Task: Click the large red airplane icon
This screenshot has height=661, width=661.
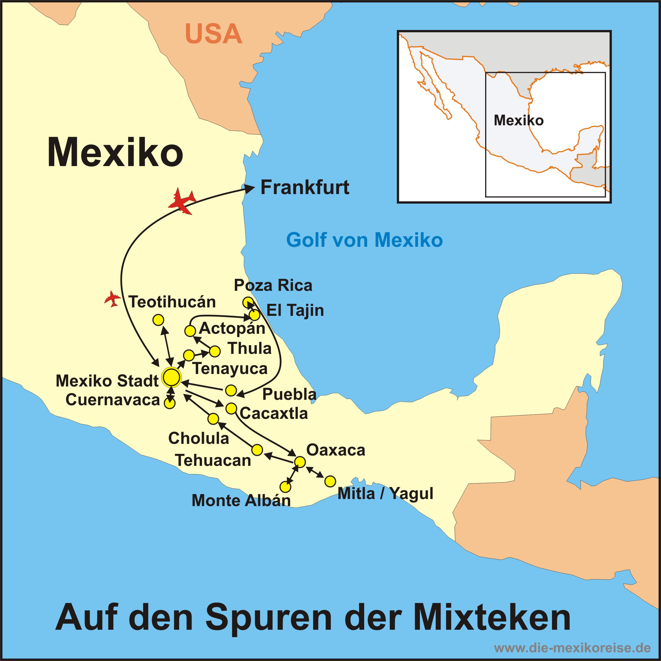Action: tap(182, 202)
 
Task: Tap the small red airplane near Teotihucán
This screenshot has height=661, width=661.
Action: tap(113, 299)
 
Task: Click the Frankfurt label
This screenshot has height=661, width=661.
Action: tap(304, 188)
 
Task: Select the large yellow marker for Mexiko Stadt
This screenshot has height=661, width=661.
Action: tap(172, 377)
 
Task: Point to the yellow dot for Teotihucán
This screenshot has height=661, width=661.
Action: tap(158, 320)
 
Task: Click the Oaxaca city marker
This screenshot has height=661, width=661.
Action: tap(300, 462)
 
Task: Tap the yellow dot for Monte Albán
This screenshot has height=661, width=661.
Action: tap(285, 487)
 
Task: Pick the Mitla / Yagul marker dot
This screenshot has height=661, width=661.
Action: tap(330, 481)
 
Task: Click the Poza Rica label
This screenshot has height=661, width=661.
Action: tap(273, 285)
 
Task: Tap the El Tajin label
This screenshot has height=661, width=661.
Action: tap(295, 310)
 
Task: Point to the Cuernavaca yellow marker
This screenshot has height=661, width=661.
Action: tap(169, 403)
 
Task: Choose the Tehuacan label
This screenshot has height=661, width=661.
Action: tap(213, 460)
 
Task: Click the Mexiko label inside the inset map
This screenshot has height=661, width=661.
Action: tap(518, 120)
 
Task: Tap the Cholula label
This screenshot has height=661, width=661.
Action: tap(198, 438)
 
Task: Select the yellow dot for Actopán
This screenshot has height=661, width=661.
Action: tap(190, 331)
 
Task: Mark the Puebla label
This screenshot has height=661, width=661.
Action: tap(289, 394)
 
